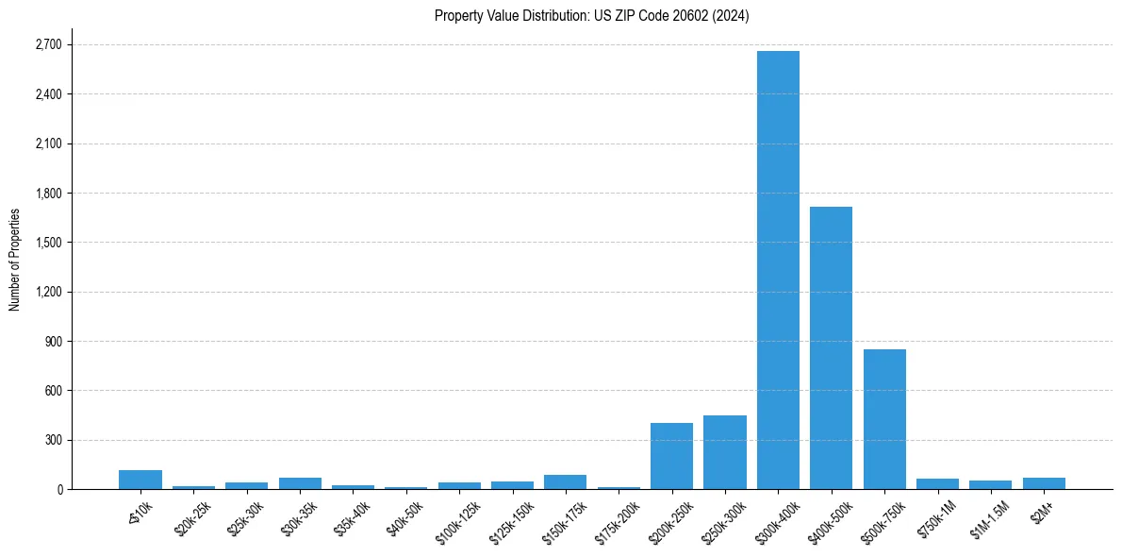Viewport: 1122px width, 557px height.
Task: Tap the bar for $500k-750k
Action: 884,419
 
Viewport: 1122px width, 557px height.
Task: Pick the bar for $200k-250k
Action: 671,456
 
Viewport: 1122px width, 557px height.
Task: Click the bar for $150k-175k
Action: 565,481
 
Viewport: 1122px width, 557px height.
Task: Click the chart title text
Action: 591,16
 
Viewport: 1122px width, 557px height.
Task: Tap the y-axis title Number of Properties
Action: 14,260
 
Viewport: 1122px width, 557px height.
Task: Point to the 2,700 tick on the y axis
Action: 47,45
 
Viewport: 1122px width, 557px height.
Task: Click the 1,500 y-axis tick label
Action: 47,243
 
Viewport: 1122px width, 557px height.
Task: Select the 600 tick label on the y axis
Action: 52,391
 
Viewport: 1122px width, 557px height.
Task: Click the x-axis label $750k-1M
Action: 935,518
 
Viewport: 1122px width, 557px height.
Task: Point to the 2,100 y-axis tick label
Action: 47,144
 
